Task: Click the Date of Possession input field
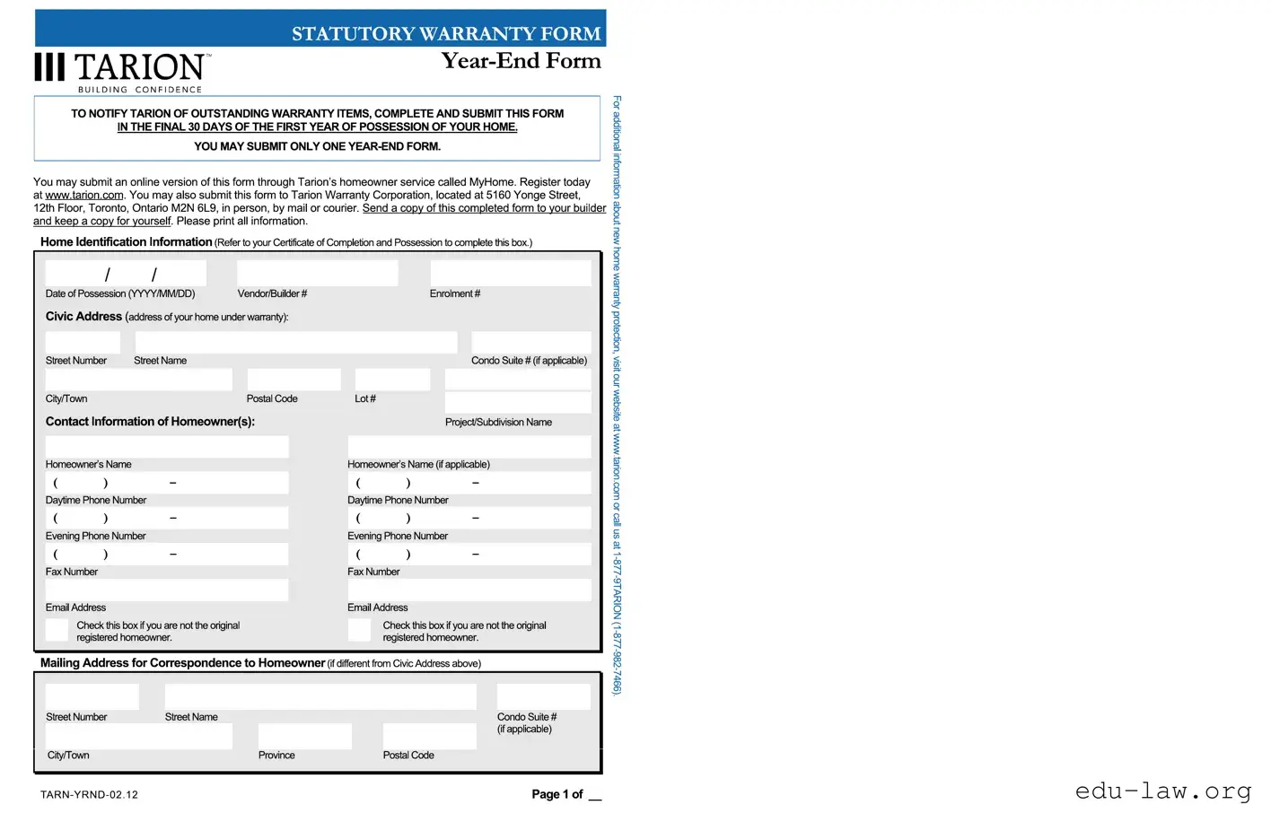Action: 126,273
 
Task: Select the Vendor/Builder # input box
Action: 317,273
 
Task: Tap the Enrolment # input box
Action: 510,273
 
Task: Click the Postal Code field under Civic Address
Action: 294,380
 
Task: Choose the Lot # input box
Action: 392,380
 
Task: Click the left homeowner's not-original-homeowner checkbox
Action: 57,630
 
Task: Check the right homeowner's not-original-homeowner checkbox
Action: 359,630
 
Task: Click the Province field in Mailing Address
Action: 304,736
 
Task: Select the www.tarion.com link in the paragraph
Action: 84,195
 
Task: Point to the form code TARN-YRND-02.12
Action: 89,794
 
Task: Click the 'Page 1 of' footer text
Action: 557,794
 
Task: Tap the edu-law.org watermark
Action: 1162,791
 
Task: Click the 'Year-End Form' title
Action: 521,61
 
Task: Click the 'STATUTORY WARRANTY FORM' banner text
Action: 446,34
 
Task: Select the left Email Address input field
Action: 167,590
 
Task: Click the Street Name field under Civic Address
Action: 296,342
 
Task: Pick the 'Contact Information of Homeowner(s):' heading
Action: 150,422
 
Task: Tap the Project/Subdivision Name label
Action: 498,422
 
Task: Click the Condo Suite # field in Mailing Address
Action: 543,696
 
